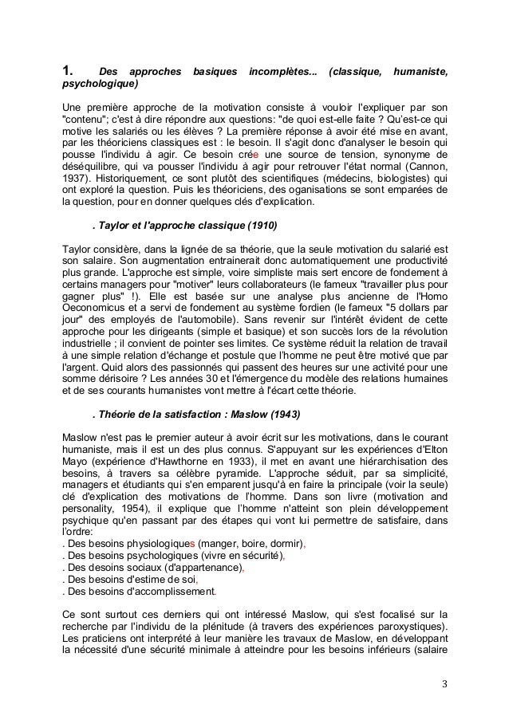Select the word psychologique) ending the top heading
[99, 84]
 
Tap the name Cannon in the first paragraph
[425, 166]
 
